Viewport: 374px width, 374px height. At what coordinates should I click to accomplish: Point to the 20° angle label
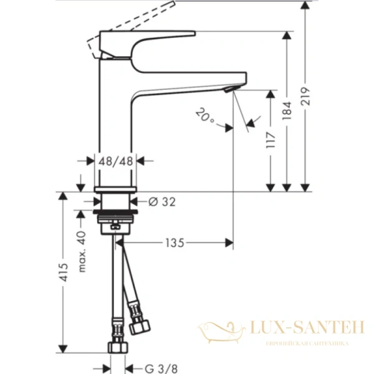pos(204,117)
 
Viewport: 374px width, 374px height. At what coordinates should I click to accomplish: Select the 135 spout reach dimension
pos(175,242)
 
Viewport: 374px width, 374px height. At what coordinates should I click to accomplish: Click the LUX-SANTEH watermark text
pos(305,328)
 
